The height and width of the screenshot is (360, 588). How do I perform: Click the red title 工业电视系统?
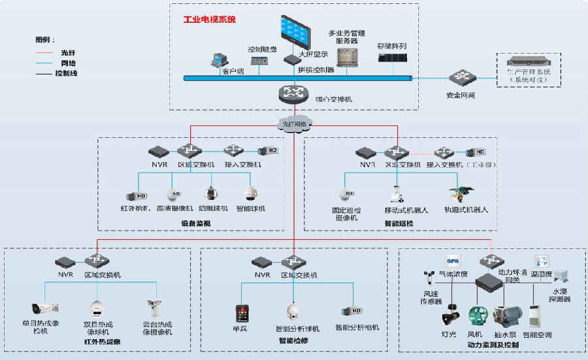pyautogui.click(x=210, y=20)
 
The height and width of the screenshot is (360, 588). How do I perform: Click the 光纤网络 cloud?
pyautogui.click(x=293, y=123)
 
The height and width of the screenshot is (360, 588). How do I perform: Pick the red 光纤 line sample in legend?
pyautogui.click(x=46, y=52)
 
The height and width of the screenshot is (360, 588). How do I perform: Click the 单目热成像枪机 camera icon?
pyautogui.click(x=45, y=307)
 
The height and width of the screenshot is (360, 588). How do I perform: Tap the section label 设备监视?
pyautogui.click(x=196, y=223)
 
